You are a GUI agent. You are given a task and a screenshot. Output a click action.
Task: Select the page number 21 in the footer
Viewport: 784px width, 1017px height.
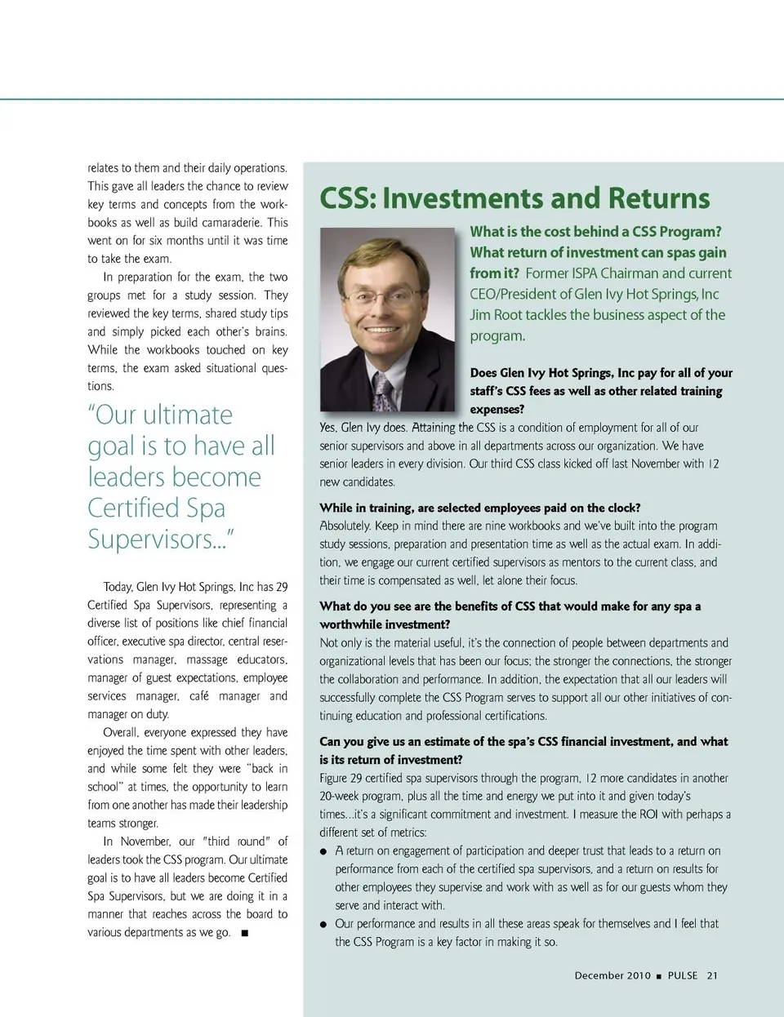712,975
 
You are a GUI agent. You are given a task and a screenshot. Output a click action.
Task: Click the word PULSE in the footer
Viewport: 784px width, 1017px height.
683,975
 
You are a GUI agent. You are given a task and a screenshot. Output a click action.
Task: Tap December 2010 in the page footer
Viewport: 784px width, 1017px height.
612,975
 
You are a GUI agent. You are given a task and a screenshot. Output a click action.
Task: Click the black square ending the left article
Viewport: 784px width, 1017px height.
245,933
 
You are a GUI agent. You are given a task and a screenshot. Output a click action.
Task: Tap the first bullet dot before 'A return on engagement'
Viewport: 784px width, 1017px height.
324,851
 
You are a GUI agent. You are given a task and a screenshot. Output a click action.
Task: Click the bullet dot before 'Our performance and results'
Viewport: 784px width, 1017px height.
324,924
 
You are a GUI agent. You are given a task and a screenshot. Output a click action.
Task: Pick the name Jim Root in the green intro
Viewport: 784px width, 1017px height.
496,315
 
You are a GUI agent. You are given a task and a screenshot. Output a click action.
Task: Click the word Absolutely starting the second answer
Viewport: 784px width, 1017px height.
345,526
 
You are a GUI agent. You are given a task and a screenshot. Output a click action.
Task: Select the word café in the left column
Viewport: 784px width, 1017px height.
199,696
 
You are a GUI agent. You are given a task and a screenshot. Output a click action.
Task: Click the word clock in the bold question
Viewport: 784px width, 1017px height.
623,508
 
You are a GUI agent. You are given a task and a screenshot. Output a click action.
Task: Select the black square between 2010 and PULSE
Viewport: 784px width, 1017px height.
659,976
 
